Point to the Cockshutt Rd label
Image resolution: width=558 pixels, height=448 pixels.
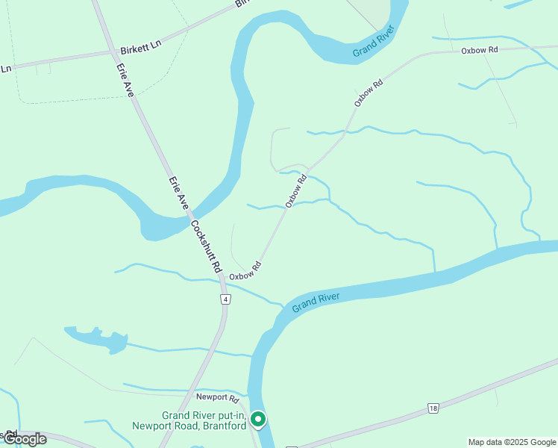point(207,246)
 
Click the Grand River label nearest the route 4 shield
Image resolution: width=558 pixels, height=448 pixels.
point(316,302)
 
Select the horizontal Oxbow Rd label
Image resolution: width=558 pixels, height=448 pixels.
point(479,50)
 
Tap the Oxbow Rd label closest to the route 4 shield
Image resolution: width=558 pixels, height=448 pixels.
point(245,271)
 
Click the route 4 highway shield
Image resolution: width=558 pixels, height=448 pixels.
point(225,299)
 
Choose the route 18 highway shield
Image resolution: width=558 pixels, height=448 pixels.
point(433,408)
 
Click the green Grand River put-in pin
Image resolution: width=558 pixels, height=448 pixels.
point(258,420)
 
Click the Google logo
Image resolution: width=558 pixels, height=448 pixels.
point(25,439)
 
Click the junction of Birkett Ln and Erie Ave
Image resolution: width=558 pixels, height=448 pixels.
point(113,52)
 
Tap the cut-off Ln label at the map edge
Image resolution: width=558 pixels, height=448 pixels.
point(6,68)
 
